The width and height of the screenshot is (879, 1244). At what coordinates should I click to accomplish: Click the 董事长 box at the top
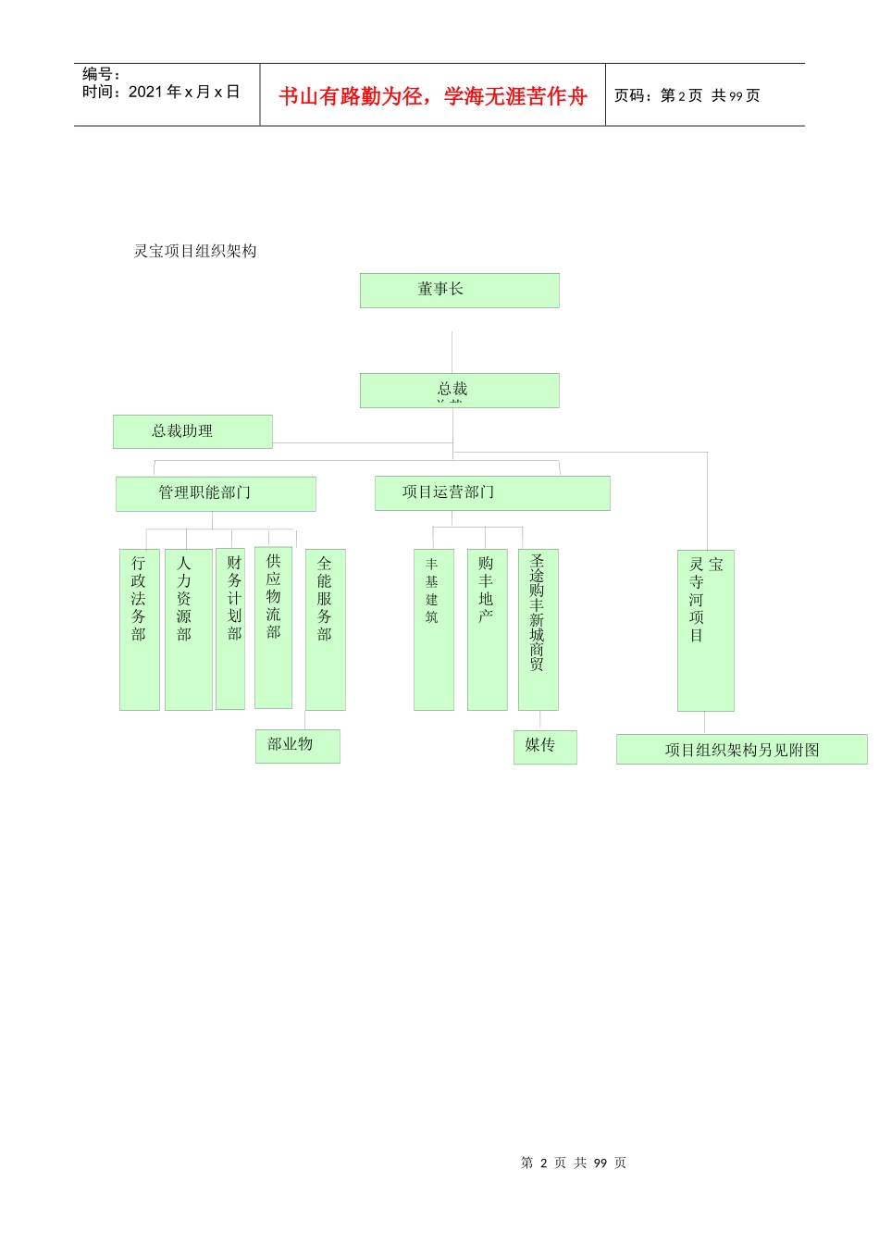pos(459,290)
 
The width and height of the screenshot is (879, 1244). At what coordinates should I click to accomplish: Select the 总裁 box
pos(459,390)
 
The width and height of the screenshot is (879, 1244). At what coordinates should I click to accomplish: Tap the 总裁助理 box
pos(192,431)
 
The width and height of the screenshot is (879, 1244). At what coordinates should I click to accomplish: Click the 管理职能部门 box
pos(216,493)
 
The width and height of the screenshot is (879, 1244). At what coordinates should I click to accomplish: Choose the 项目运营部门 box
pos(492,492)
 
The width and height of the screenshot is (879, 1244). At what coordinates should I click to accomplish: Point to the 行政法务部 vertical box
pos(139,629)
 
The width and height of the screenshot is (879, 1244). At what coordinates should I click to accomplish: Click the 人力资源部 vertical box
pos(188,629)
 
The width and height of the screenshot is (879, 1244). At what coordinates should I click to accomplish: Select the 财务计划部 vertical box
pos(230,628)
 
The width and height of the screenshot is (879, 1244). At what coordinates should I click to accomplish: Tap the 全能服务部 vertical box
pos(325,629)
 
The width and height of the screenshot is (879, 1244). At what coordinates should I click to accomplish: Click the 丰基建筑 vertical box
pos(433,629)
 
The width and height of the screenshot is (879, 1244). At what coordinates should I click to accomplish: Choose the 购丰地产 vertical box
pos(487,629)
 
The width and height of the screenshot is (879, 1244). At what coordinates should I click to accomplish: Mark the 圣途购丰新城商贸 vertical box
pos(538,629)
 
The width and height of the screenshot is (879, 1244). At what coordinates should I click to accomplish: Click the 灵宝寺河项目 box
pos(705,630)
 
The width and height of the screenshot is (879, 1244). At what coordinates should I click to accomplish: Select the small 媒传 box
pos(544,747)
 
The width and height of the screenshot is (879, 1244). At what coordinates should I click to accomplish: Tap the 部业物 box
pos(297,746)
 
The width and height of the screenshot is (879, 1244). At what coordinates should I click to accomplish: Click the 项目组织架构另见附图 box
pos(741,750)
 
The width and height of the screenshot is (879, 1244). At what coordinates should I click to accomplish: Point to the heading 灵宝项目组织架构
pos(195,252)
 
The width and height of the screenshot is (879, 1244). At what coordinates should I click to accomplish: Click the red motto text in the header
pos(433,96)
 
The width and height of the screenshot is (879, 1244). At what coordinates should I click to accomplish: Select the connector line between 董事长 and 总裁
pos(452,352)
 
